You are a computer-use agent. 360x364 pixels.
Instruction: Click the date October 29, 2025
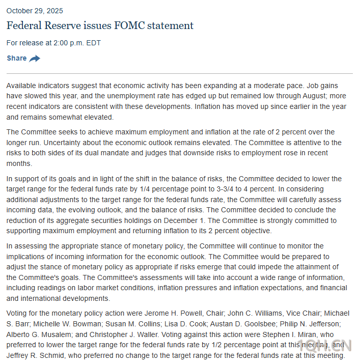point(35,11)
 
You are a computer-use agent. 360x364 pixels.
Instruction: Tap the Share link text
point(17,58)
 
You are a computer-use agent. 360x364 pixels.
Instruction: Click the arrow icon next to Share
point(35,59)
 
